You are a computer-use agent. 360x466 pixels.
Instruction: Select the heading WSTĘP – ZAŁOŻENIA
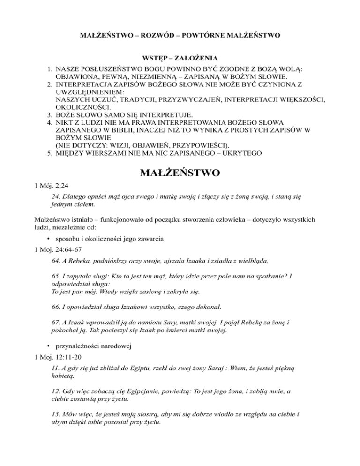tap(180, 59)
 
